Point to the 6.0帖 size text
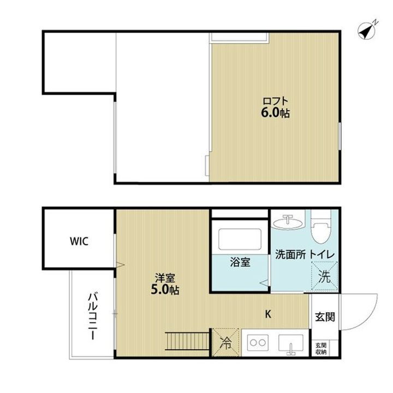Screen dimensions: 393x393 [x=275, y=114]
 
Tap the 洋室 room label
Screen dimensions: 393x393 [x=164, y=277]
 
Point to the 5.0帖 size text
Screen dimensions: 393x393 [x=165, y=289]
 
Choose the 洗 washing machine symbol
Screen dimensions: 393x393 [x=324, y=276]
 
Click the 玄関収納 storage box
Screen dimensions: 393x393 [x=321, y=348]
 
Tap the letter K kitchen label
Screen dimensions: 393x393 [x=268, y=314]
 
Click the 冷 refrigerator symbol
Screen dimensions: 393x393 [x=225, y=343]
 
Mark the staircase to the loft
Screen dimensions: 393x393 [x=187, y=343]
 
